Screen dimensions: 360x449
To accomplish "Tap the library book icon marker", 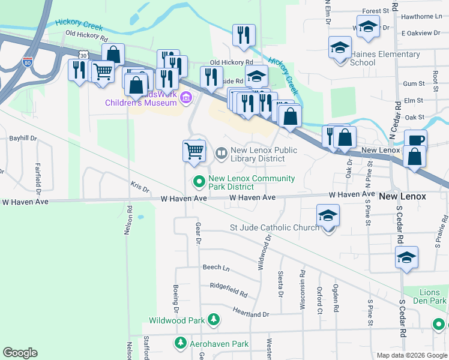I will (x=221, y=154).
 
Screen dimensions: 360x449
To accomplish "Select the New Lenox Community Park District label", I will (x=252, y=182).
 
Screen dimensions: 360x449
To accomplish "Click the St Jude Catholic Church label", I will (x=275, y=227).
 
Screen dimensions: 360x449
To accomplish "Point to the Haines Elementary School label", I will (x=385, y=58).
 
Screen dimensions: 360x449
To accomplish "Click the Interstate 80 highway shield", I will (x=28, y=61).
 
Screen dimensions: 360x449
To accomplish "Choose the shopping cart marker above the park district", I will (x=194, y=151).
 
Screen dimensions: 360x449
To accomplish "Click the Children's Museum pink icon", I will (x=186, y=97).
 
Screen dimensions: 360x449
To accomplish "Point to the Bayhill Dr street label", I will (x=23, y=138).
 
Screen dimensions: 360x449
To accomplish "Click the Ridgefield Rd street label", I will (x=229, y=290).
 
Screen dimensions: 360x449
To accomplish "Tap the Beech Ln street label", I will (x=216, y=267).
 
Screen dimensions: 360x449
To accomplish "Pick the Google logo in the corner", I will (x=20, y=353).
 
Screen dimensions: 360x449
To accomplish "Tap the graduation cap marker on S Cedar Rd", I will (x=406, y=257).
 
